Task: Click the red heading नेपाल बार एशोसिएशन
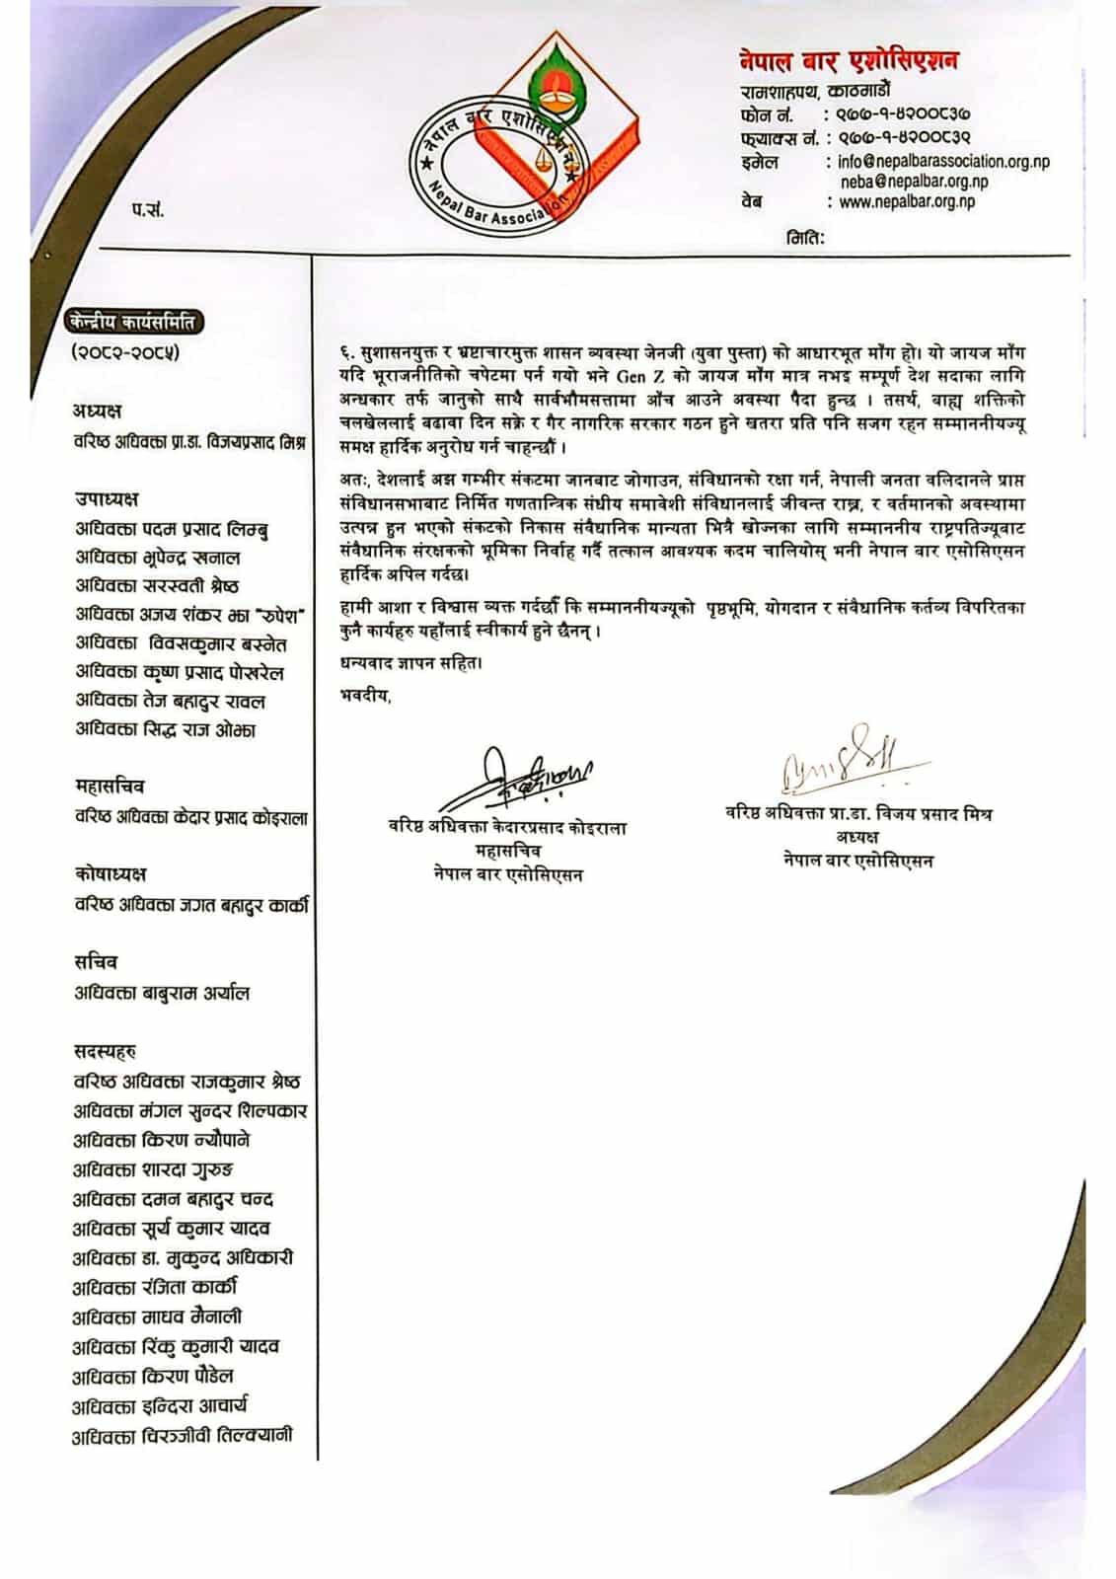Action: (849, 61)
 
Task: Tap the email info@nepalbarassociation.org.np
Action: (943, 162)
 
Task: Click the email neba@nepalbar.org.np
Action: (914, 182)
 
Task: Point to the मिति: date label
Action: (805, 237)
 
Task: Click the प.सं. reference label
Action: (148, 209)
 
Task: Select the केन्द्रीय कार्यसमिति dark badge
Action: (134, 322)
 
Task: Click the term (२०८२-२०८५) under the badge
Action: (125, 352)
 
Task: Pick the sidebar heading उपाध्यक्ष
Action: (107, 498)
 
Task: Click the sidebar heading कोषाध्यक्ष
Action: (111, 873)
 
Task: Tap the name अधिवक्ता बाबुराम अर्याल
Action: (162, 993)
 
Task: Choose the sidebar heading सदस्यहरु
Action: (105, 1051)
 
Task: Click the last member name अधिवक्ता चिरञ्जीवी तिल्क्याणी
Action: (183, 1436)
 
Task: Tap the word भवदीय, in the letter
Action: (365, 696)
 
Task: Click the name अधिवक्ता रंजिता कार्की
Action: (155, 1288)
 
